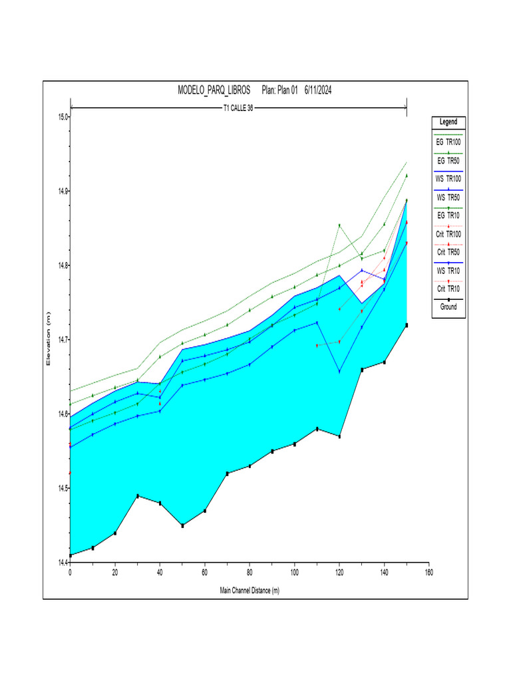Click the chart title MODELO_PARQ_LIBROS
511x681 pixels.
[214, 90]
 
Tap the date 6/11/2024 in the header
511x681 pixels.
[318, 90]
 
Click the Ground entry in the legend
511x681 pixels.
[448, 307]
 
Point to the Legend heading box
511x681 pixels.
[448, 122]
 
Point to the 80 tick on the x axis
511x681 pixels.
[250, 572]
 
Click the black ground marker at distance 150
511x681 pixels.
[407, 325]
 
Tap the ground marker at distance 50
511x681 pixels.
[182, 525]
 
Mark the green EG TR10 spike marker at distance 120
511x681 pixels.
[339, 225]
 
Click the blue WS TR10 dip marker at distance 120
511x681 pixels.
[339, 371]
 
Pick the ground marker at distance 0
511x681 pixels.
[71, 555]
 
